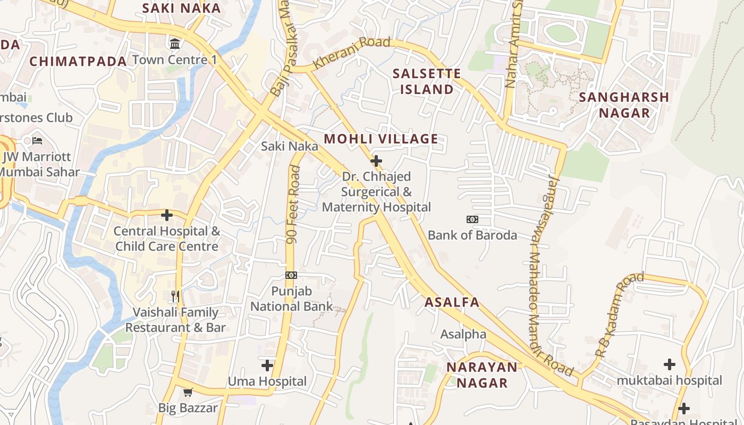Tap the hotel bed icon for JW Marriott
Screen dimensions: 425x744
click(x=37, y=141)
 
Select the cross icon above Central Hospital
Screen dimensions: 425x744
click(x=167, y=215)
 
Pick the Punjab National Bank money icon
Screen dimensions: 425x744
click(x=291, y=275)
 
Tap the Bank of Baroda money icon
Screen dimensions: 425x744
click(x=472, y=219)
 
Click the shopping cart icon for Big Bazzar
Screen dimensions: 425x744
click(x=188, y=393)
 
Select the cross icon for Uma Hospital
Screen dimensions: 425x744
click(x=267, y=365)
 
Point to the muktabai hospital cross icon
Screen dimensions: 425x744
click(x=669, y=364)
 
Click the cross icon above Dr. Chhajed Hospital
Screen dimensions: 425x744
click(x=376, y=160)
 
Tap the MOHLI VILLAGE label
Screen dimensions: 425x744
click(x=381, y=139)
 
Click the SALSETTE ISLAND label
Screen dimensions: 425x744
click(x=427, y=81)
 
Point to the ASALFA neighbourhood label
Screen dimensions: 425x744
click(x=452, y=302)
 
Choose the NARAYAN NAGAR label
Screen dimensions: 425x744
click(x=482, y=375)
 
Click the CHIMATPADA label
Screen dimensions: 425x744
click(x=78, y=62)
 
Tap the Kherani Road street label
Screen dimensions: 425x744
click(x=352, y=53)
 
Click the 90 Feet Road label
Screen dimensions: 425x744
click(x=293, y=205)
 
